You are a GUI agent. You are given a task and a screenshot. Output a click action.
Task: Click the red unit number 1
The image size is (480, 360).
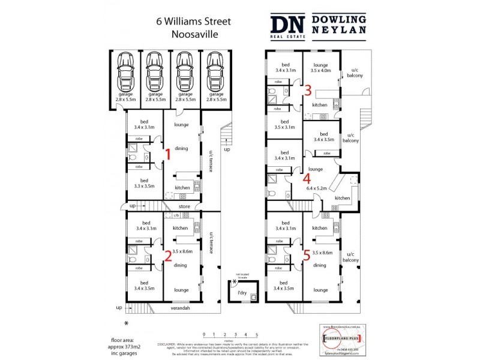coord(169,155)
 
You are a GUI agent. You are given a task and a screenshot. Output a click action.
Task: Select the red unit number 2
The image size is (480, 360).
coord(169,256)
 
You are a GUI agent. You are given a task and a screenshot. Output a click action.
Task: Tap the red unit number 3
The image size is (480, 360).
coord(307,91)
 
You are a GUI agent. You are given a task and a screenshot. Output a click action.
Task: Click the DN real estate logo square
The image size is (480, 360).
coord(288,26)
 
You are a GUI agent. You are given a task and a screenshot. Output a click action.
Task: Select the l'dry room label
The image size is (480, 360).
coord(242,292)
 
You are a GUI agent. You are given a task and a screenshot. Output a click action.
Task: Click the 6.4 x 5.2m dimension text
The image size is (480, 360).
coord(316,188)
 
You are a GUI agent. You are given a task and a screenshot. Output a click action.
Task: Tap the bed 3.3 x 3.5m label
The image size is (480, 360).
coord(144,184)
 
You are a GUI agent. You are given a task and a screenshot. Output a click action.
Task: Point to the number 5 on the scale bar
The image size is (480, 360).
coord(257,334)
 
